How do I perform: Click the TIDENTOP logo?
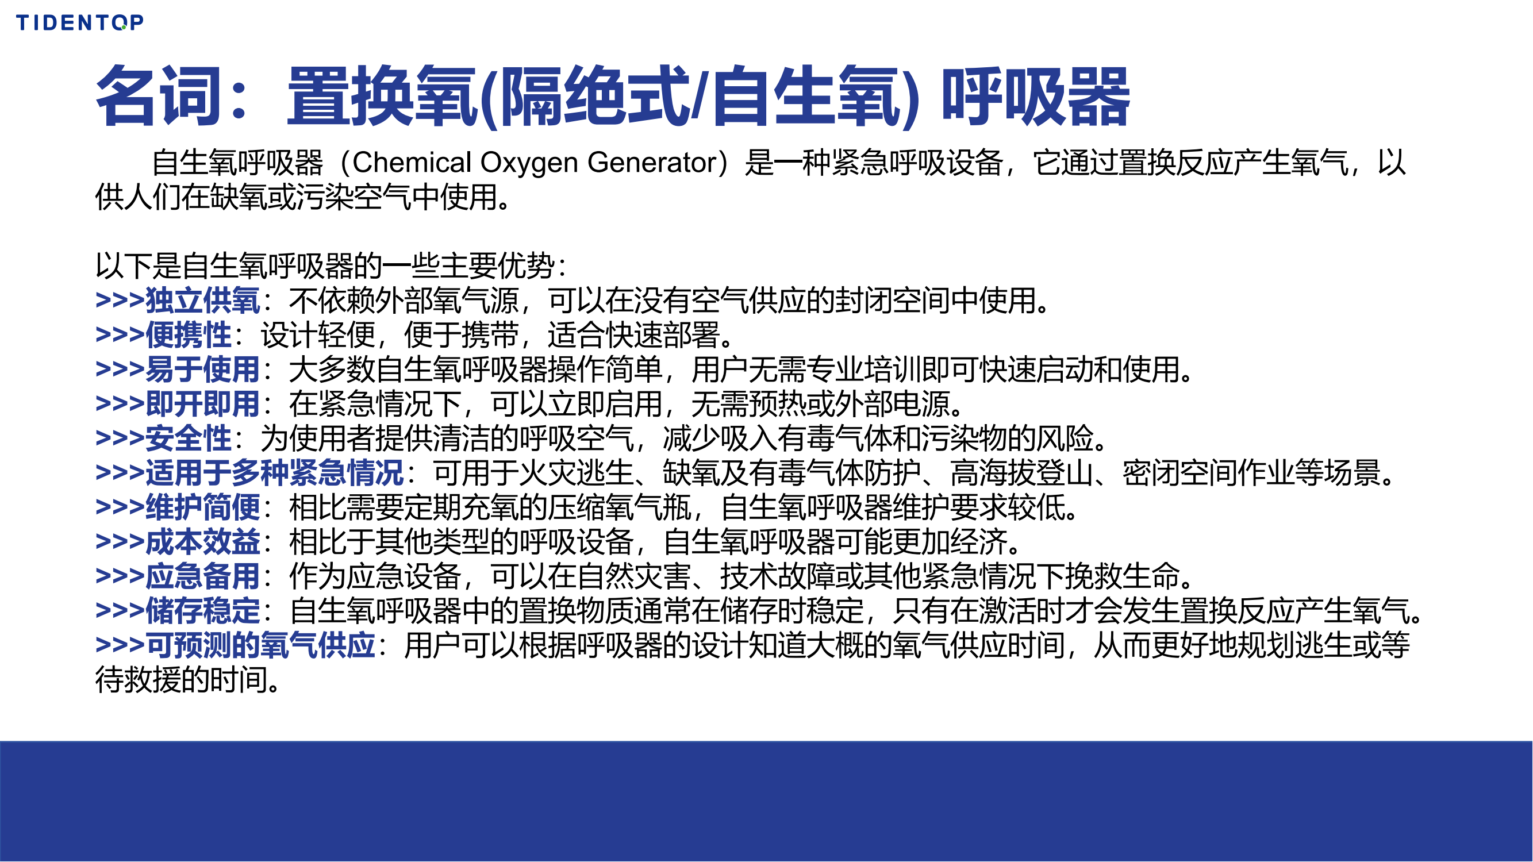click(80, 22)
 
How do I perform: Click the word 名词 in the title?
click(158, 97)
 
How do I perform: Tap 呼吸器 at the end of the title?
click(1035, 97)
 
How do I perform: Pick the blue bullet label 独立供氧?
click(203, 301)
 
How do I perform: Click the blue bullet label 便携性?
click(189, 335)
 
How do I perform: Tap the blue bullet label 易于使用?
click(203, 370)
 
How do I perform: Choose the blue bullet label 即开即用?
click(203, 404)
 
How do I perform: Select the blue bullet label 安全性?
click(189, 438)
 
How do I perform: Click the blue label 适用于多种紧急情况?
click(275, 473)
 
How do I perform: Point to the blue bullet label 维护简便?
click(203, 507)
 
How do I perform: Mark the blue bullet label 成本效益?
click(203, 542)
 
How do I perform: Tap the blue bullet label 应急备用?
click(203, 576)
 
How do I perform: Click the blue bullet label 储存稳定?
click(203, 611)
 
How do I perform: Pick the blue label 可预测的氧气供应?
click(260, 645)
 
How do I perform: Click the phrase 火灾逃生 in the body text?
click(576, 473)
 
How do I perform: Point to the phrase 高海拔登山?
click(1021, 473)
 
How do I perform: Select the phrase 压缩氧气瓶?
click(620, 507)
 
